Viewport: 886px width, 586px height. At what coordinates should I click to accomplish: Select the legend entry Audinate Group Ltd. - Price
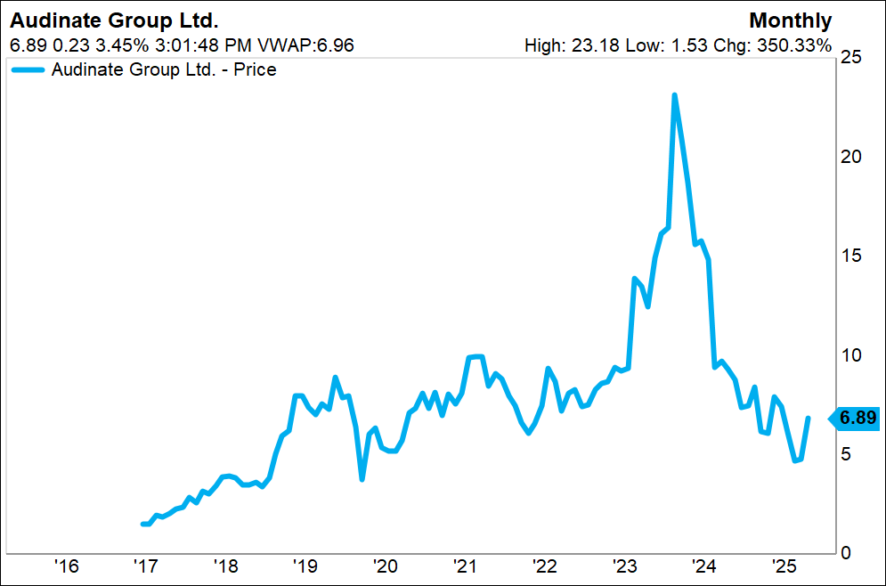click(164, 69)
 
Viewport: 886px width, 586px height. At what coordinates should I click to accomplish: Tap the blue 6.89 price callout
click(858, 417)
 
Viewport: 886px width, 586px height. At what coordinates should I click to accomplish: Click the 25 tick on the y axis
click(851, 57)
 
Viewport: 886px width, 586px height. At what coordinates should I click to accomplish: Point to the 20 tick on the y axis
click(851, 157)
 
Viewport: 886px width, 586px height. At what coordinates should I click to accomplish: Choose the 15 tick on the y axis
click(851, 256)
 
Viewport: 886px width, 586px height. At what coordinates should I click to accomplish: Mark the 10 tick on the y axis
click(851, 354)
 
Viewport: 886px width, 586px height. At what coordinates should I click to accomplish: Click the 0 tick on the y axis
click(847, 552)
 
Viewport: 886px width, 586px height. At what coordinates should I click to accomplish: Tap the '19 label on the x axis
click(305, 567)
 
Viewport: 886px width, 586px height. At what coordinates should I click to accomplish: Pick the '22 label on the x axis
click(544, 567)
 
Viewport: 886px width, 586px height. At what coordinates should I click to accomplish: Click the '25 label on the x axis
click(784, 567)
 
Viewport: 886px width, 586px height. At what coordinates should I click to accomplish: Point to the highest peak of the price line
click(675, 94)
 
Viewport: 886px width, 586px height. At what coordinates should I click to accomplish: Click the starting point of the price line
click(142, 524)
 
